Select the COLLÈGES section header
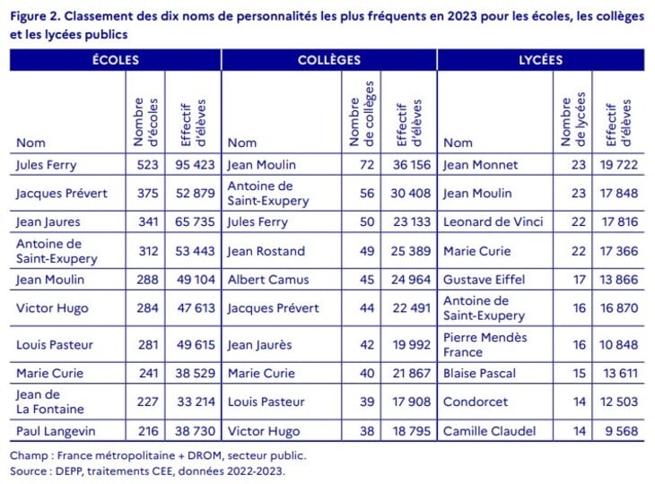click(x=329, y=60)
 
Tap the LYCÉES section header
click(x=541, y=60)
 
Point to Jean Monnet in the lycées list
click(x=480, y=165)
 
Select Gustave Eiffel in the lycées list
click(x=484, y=280)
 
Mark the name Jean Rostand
click(x=266, y=251)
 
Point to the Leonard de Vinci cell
click(x=490, y=222)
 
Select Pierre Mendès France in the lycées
click(x=485, y=344)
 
